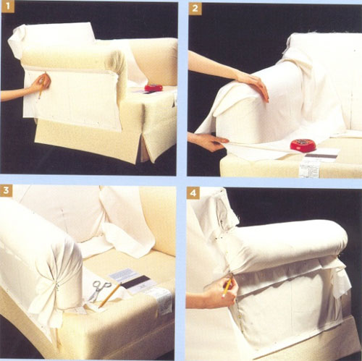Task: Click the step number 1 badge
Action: point(8,8)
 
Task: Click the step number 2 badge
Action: point(195,9)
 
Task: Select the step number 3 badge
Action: point(8,192)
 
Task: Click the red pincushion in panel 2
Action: point(303,145)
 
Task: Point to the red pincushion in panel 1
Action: point(153,88)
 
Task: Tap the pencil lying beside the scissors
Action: point(110,293)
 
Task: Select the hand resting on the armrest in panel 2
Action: point(251,85)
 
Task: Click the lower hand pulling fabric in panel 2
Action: point(210,140)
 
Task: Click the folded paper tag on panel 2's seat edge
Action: point(309,168)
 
